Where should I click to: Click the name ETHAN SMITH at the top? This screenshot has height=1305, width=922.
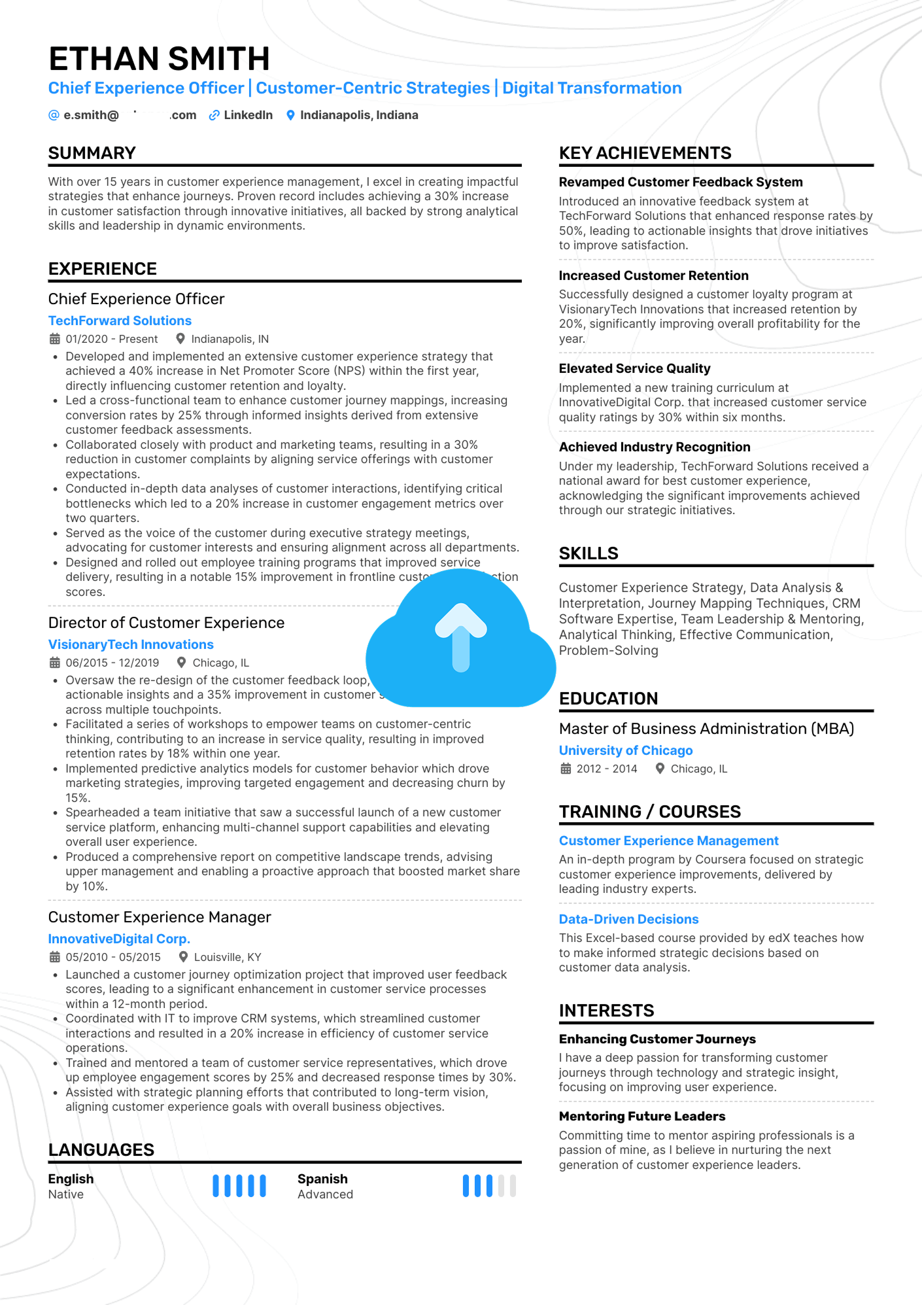(159, 59)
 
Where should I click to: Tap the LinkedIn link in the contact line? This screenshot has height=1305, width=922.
(247, 115)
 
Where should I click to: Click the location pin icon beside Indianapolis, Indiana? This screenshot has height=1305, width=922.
(290, 115)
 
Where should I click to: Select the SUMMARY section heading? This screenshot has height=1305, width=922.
(92, 153)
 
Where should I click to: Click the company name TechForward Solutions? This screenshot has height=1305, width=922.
(120, 321)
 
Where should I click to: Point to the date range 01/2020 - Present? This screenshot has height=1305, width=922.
(112, 339)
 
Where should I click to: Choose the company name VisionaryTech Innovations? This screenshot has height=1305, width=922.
(131, 644)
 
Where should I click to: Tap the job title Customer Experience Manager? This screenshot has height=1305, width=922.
(160, 917)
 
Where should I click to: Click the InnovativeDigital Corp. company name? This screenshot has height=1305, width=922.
(119, 939)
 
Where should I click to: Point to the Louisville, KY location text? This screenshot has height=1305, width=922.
(227, 957)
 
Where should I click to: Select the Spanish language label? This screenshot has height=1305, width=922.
(322, 1179)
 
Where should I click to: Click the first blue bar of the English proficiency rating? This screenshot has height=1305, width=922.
(216, 1186)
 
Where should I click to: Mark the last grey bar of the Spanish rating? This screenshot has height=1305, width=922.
(513, 1186)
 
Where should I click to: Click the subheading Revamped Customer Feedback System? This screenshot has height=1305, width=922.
(681, 182)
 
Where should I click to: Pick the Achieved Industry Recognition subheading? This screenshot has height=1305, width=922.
(655, 447)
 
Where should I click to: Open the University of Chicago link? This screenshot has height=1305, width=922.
(626, 750)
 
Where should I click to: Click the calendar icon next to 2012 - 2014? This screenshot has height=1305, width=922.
(566, 769)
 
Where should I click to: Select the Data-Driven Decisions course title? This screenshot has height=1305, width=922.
(628, 919)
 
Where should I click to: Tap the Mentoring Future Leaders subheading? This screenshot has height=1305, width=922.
(642, 1116)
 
